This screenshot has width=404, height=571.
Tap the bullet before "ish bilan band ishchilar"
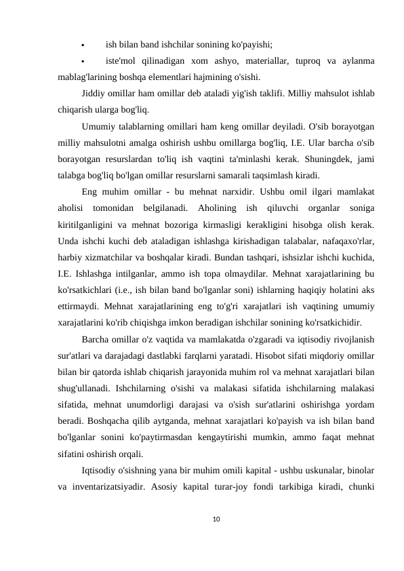(83, 47)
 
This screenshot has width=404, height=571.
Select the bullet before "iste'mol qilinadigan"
(83, 62)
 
